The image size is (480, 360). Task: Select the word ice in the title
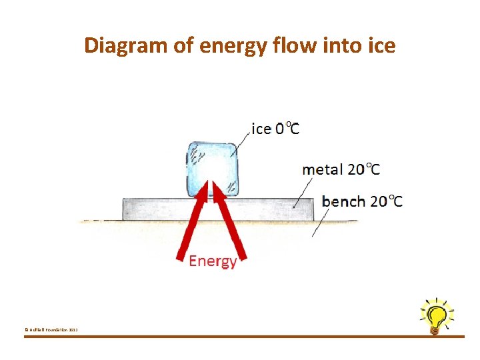[381, 45]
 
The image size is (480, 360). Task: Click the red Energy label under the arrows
[213, 261]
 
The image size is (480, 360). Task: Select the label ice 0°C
[275, 128]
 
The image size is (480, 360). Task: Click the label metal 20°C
[341, 169]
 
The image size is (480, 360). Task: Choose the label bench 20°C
[362, 201]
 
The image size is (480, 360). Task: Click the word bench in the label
[343, 201]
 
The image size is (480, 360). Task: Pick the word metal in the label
[322, 169]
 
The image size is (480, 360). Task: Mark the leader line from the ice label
[241, 143]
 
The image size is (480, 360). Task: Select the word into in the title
[343, 45]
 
